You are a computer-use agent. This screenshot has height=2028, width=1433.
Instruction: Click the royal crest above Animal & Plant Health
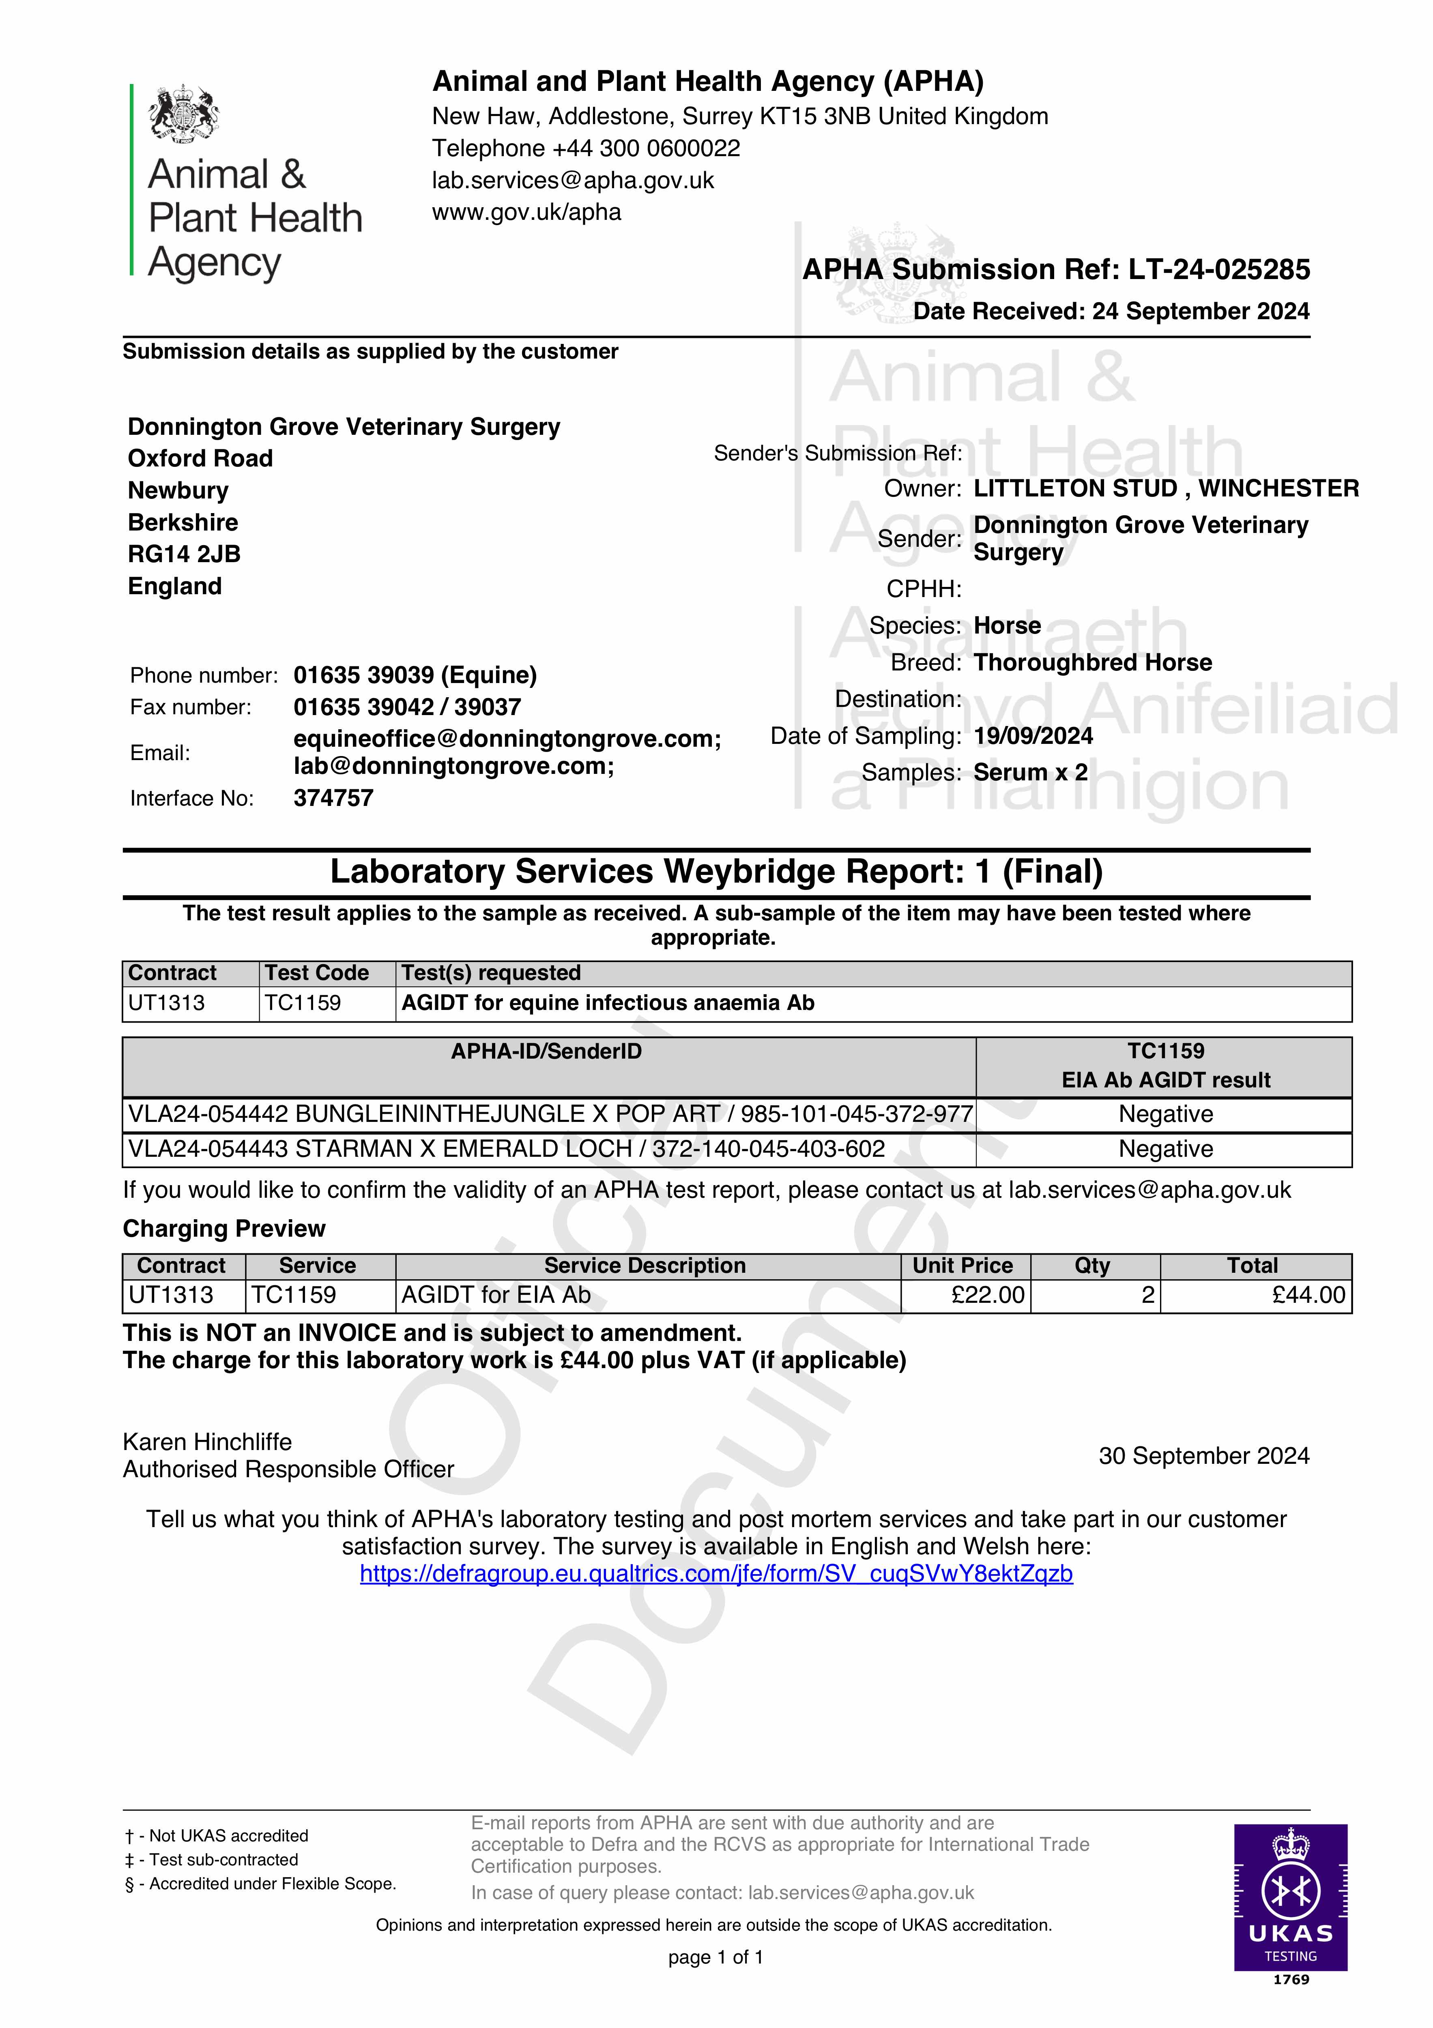tap(184, 113)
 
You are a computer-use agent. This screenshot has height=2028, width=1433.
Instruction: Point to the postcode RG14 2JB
tap(184, 554)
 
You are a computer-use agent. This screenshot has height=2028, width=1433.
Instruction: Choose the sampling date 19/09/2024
tap(1033, 736)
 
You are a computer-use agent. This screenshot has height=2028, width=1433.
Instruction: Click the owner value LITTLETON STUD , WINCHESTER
tap(1165, 488)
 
